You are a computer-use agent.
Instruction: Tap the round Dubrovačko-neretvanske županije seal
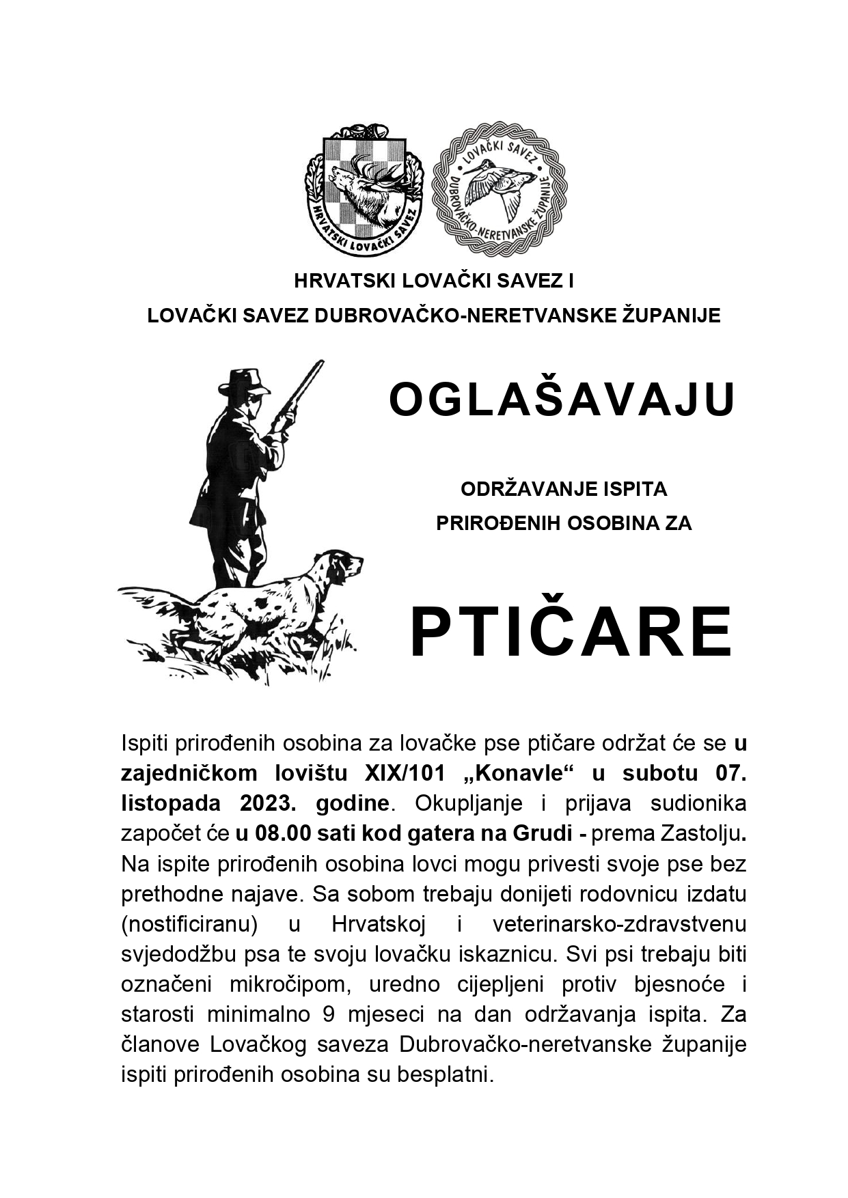click(x=501, y=189)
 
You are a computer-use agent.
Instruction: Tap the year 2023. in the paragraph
click(x=266, y=803)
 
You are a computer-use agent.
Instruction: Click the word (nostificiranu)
click(x=189, y=924)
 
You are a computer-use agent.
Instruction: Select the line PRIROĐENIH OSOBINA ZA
click(x=564, y=523)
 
